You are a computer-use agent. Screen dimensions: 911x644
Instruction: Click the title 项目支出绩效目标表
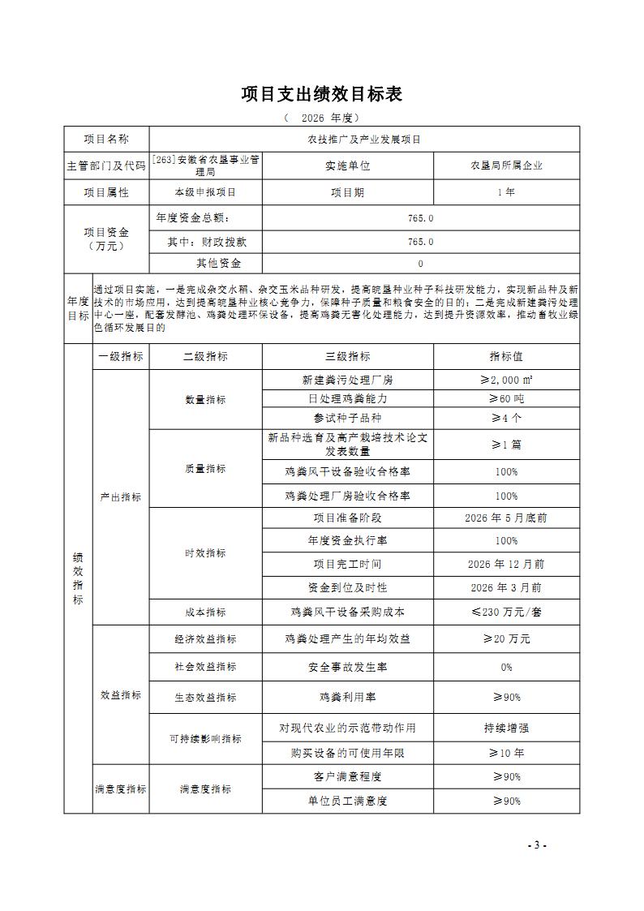322,94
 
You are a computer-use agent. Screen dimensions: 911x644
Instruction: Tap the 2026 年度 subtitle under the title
322,118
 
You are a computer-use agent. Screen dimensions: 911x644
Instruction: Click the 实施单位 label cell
347,165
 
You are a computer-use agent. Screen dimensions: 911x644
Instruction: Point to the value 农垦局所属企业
506,165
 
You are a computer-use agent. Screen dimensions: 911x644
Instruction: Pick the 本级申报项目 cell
205,193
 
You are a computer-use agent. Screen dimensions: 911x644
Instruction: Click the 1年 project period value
506,193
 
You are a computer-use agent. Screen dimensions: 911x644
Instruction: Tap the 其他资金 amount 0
420,264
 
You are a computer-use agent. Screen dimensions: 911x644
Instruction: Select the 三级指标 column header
347,356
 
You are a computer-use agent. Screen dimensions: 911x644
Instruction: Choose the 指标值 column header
506,356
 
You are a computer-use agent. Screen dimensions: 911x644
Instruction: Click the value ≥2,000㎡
506,380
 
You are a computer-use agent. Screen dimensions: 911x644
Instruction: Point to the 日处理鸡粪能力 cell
347,398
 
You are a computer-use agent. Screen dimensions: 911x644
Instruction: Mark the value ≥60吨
506,398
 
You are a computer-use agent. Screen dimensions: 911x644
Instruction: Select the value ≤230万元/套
506,612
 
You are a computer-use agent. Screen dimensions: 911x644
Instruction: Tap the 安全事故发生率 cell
347,667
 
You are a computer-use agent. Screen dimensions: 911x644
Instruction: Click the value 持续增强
506,728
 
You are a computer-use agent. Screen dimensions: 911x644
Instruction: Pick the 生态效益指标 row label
205,697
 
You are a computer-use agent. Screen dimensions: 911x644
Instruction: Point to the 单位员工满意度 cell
347,801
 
